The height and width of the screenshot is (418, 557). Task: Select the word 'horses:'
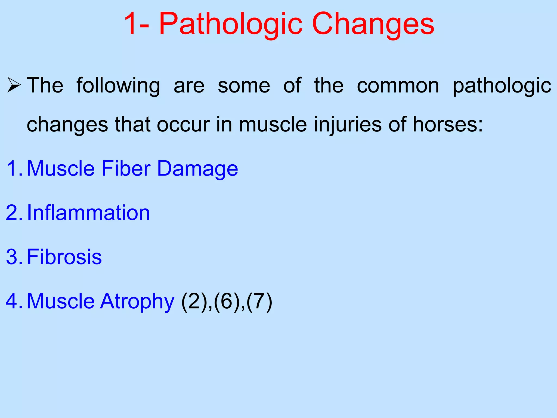[448, 125]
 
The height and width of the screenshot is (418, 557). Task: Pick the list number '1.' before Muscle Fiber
[15, 168]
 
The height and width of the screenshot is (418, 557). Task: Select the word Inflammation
[88, 213]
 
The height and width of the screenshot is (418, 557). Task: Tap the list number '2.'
[15, 213]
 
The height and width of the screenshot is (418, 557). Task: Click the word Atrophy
[137, 302]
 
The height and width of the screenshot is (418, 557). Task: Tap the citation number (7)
[259, 302]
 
